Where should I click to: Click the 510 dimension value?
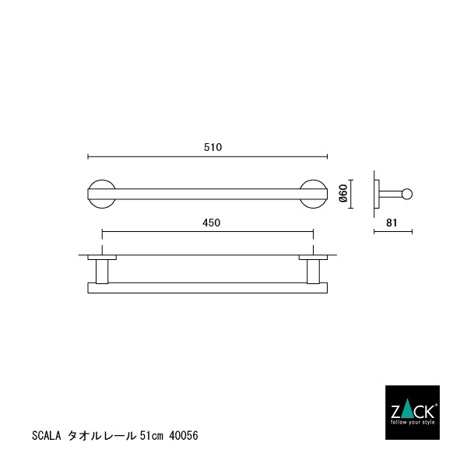point(208,146)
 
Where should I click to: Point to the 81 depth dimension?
point(392,223)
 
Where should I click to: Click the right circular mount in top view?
point(314,194)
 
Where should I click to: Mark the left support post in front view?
point(102,271)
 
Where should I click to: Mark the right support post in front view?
point(314,271)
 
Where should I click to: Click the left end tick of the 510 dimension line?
point(87,155)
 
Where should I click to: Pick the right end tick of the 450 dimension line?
point(314,231)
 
